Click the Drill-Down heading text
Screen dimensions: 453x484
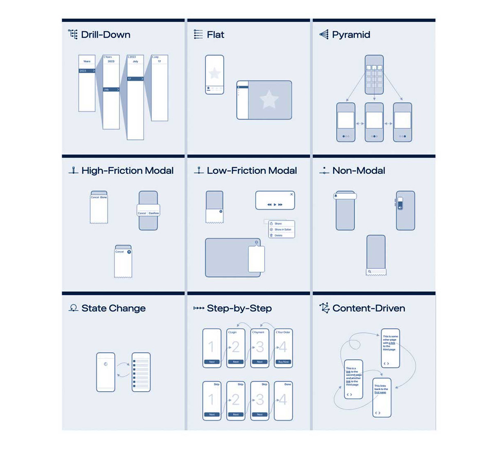106,35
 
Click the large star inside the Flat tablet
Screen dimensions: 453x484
269,99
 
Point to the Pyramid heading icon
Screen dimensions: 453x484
323,34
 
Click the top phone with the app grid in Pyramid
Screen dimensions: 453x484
374,75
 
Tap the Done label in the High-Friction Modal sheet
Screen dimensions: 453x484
103,197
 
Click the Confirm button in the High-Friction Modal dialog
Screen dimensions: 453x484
153,213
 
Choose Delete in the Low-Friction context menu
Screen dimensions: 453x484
278,235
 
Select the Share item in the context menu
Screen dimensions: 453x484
278,223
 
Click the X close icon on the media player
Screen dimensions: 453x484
291,195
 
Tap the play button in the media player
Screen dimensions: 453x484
275,204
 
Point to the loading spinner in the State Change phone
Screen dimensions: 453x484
106,363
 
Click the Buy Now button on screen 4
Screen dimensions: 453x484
283,362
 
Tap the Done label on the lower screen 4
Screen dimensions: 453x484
288,385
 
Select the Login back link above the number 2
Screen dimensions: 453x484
233,333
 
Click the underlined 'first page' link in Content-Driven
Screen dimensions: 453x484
380,392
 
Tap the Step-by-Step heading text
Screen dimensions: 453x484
239,308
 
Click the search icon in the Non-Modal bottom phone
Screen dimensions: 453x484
370,271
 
